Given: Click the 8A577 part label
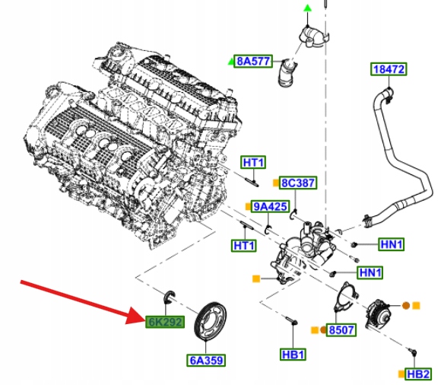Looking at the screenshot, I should [254, 61].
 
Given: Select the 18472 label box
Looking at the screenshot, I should [389, 69].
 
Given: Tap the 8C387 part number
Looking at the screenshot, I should [298, 183].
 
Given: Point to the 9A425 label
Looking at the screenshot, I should [270, 206].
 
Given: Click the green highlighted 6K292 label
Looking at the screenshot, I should [165, 322].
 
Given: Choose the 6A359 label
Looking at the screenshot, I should [206, 359].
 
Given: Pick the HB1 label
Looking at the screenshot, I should [293, 355].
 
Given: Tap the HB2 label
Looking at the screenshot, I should [419, 374].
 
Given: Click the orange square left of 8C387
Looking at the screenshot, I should [275, 183].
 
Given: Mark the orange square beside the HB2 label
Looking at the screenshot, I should [400, 374].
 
